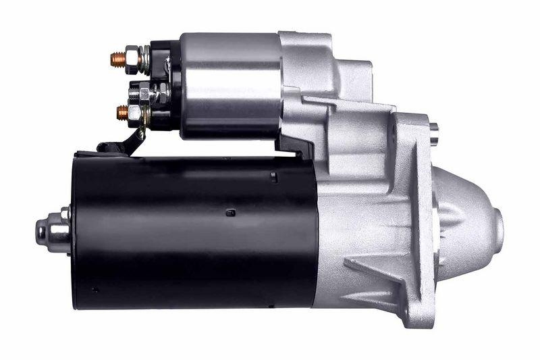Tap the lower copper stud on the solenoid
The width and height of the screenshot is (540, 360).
122,112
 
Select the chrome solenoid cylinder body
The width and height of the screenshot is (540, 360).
230,84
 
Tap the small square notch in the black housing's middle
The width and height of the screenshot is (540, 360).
230,213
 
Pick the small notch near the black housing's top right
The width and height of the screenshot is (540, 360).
273,178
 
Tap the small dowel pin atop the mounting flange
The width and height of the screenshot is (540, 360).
433,127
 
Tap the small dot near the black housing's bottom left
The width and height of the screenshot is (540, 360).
94,290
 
